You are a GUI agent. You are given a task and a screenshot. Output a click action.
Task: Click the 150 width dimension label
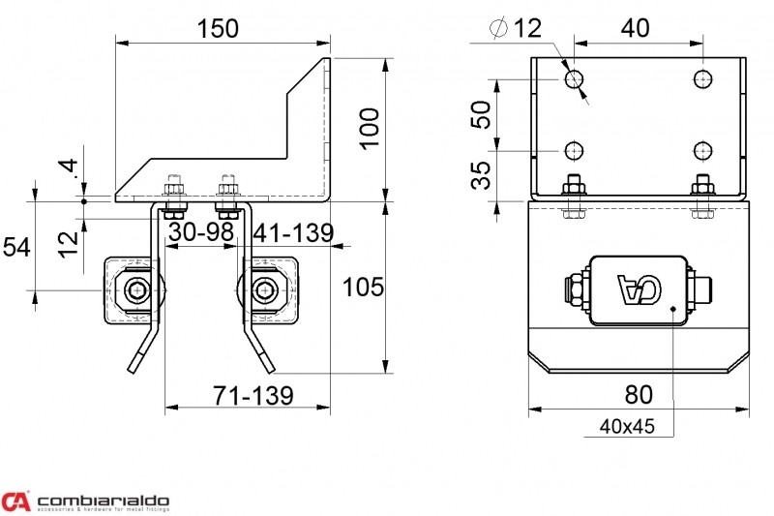(x=218, y=29)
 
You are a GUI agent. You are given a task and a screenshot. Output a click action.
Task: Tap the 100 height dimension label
(x=370, y=129)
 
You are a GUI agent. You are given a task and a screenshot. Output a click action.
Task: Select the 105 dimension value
(x=363, y=287)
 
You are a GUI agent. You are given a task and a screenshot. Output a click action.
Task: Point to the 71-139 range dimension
(x=253, y=395)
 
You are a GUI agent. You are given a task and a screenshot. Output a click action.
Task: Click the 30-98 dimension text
(x=201, y=231)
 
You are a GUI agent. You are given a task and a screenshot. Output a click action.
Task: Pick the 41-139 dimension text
(x=294, y=232)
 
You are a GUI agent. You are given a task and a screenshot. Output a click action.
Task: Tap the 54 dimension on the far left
(x=16, y=247)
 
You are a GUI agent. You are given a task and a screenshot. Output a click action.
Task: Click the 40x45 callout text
(x=627, y=426)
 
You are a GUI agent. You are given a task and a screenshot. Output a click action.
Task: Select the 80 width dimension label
(x=639, y=395)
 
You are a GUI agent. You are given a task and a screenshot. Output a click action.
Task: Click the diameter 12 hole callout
(x=516, y=28)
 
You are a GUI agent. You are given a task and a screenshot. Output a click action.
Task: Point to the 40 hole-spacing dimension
(x=636, y=28)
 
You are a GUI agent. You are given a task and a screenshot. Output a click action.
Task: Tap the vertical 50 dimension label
(x=481, y=114)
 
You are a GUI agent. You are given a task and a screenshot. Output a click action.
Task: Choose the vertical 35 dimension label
(x=481, y=175)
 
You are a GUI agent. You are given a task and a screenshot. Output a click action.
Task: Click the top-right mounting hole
(x=702, y=78)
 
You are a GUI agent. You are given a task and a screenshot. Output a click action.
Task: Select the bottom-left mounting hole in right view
(x=574, y=151)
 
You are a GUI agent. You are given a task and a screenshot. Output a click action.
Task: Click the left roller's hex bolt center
(x=135, y=290)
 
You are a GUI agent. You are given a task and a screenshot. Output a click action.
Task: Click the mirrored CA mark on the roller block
(x=640, y=289)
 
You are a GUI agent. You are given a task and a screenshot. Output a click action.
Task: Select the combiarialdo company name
(x=104, y=501)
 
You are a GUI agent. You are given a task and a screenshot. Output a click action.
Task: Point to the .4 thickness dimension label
(x=71, y=168)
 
